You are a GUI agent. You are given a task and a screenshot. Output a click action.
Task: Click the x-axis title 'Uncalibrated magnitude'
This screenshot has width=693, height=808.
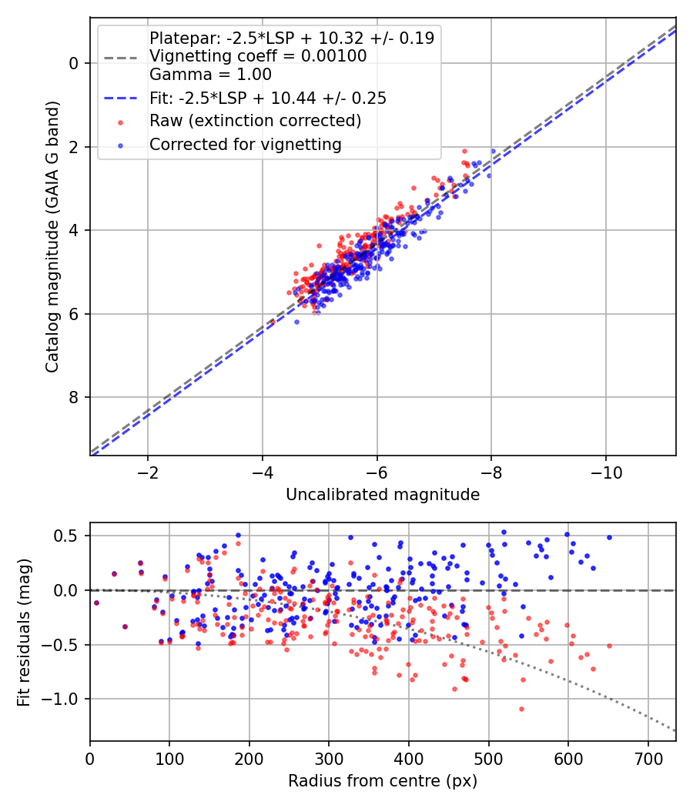383,495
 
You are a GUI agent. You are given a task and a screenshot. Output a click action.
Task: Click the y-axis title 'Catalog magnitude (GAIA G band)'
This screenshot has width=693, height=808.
52,236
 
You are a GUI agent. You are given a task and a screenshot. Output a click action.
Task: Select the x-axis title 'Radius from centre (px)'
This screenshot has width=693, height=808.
383,781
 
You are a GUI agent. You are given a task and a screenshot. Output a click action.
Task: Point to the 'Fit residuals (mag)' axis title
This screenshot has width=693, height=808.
24,633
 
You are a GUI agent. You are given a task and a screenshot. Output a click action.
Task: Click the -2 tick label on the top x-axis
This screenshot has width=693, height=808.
148,472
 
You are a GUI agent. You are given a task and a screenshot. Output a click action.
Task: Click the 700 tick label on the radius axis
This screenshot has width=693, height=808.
648,759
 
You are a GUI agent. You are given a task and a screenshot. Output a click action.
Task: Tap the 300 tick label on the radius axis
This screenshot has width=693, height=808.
329,759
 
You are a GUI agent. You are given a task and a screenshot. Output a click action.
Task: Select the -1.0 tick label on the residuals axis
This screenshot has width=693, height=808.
62,699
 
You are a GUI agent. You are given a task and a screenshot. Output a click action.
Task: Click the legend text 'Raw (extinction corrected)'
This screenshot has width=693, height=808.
255,121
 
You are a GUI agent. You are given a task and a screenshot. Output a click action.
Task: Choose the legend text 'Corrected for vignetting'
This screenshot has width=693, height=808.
246,145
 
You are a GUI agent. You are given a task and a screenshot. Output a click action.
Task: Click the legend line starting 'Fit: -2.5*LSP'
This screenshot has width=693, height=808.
268,98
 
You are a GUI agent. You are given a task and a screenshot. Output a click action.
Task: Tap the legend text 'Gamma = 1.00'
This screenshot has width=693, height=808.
210,75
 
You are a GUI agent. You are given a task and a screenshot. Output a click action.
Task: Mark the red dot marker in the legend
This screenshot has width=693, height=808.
121,122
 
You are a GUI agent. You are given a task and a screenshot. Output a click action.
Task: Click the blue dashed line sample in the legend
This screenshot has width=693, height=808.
121,98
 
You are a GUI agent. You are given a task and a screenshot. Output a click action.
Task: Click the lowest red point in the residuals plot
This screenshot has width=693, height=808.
521,709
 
